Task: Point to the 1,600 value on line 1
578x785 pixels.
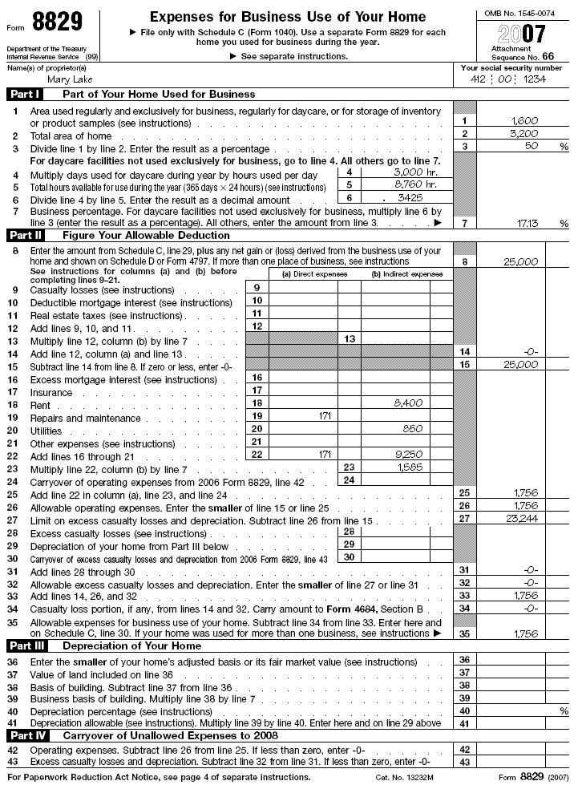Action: point(524,120)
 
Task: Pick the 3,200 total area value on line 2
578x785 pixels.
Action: point(524,133)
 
